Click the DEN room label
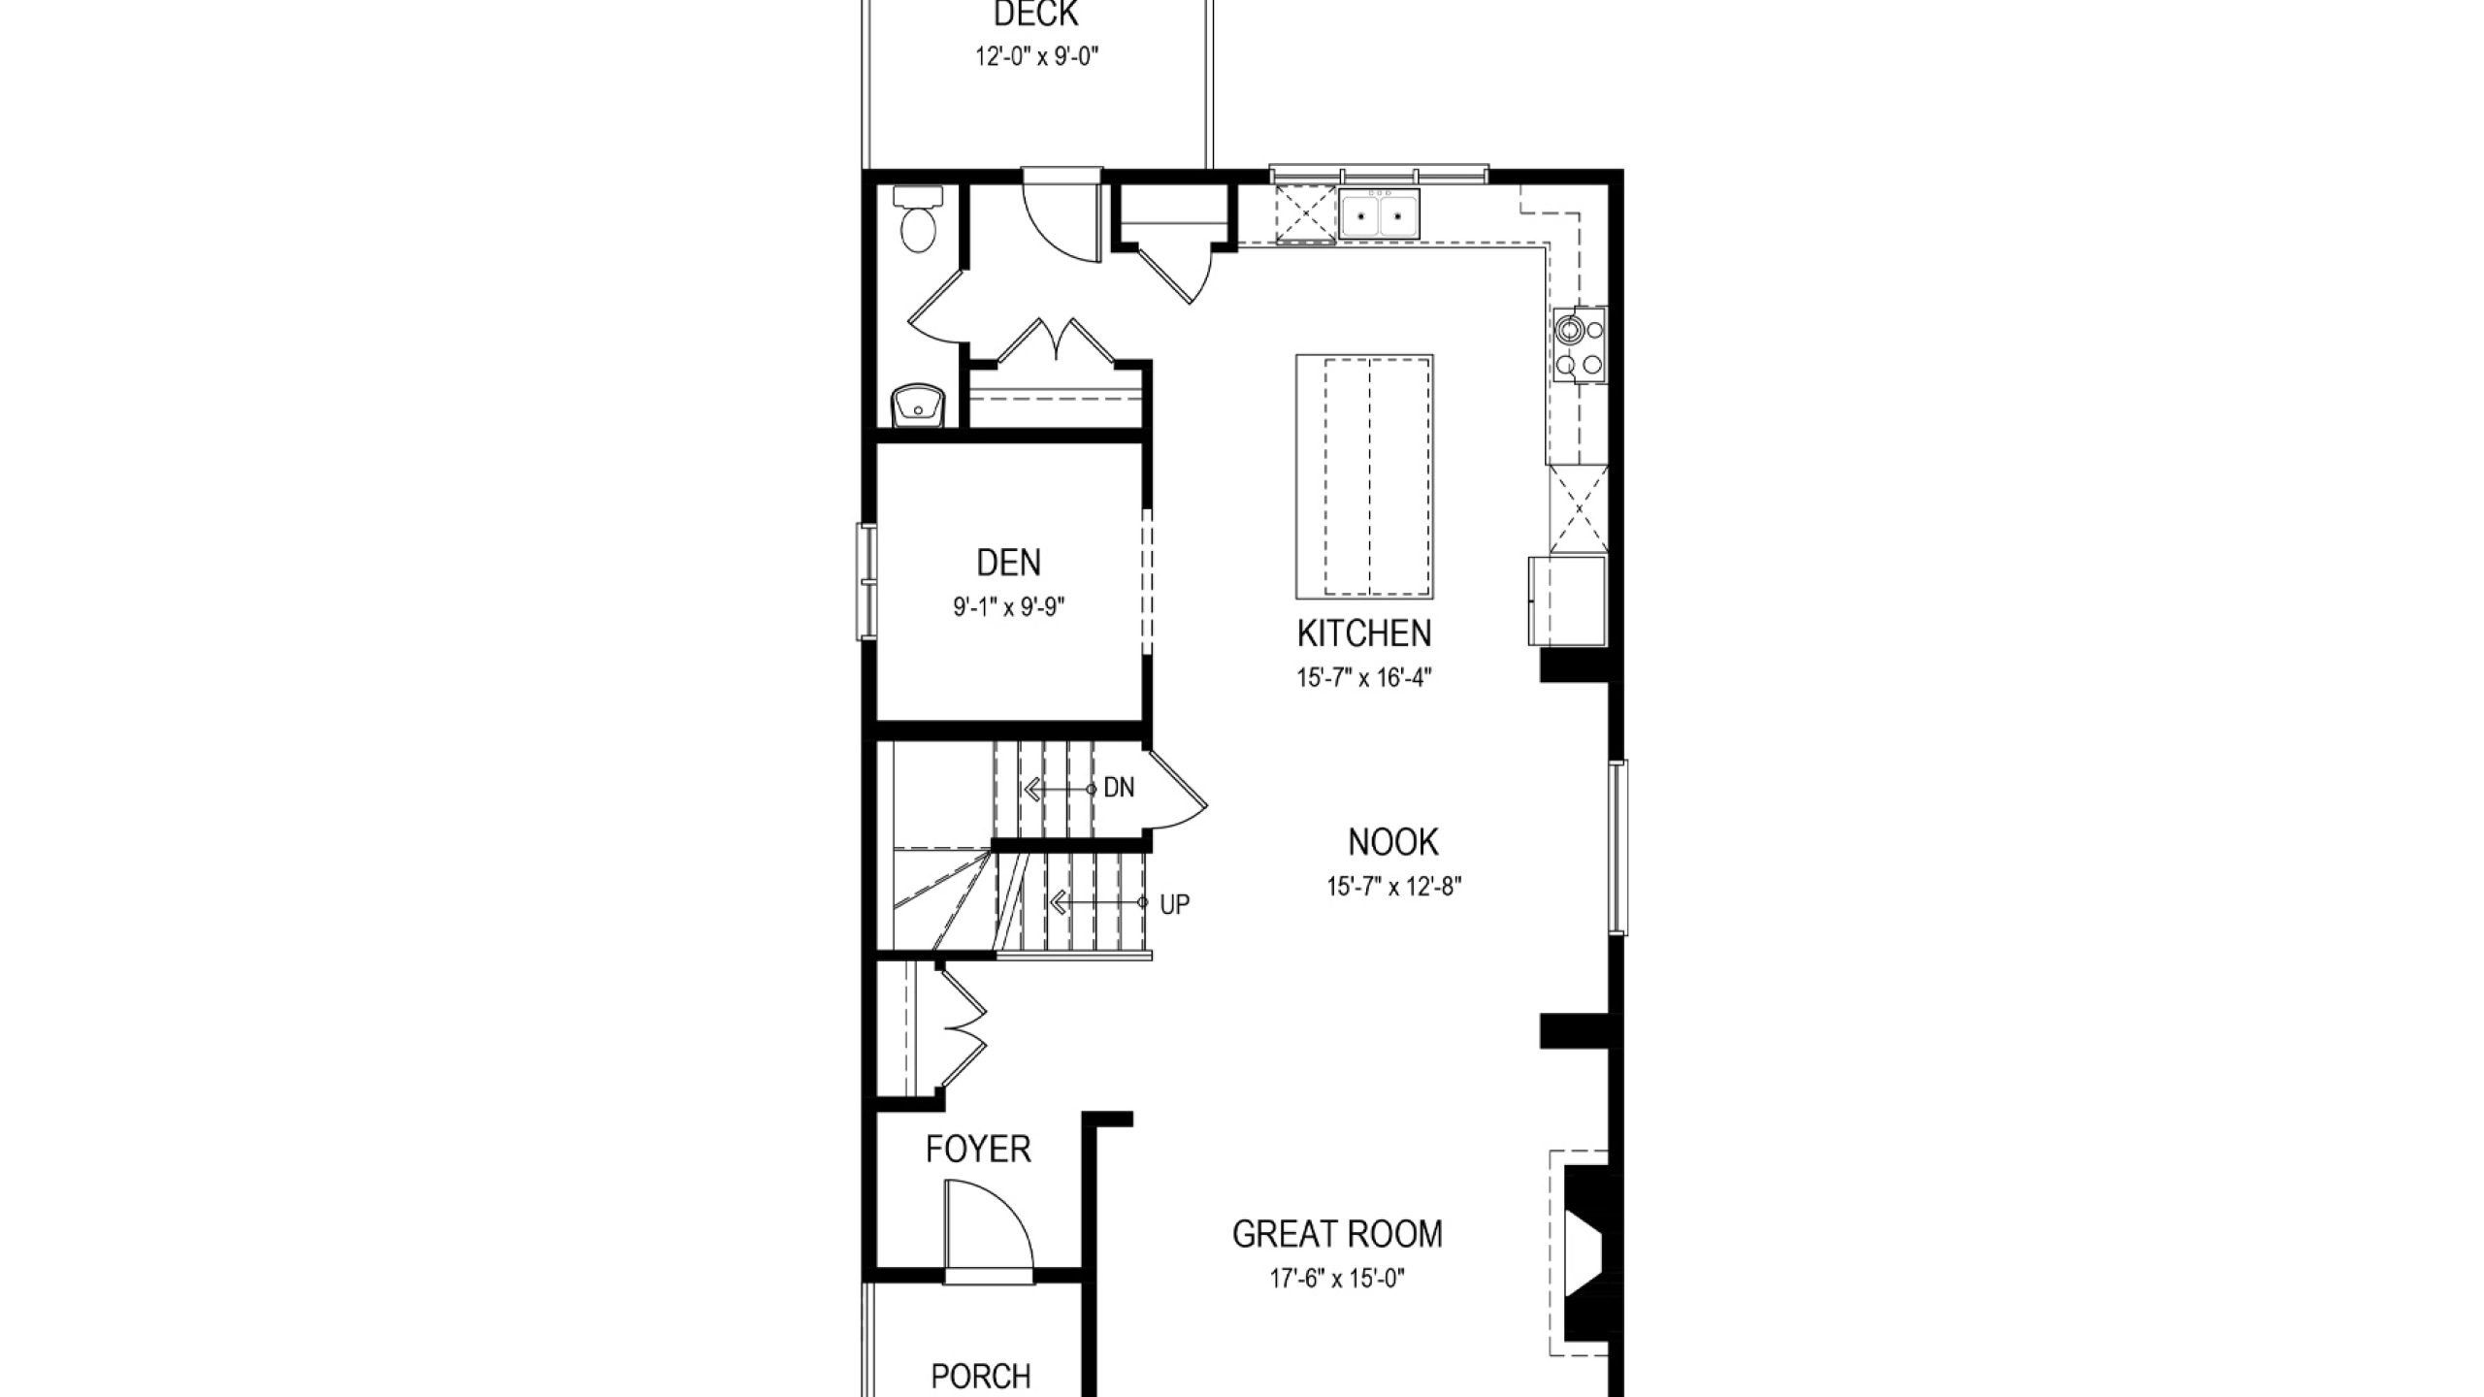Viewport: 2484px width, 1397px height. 1008,563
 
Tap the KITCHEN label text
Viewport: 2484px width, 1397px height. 1364,634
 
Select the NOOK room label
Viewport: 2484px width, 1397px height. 1393,842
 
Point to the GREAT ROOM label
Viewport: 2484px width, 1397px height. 1337,1234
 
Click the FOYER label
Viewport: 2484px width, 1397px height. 978,1150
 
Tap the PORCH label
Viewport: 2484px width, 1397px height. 981,1377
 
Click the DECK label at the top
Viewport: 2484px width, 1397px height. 1036,15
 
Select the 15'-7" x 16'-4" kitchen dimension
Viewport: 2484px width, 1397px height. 1364,677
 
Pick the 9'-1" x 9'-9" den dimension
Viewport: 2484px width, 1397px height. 1009,607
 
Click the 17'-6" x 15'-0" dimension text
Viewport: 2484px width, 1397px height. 1337,1279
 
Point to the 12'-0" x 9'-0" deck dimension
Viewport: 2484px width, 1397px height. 1036,57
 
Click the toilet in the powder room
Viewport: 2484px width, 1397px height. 917,219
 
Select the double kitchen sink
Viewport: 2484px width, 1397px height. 1379,214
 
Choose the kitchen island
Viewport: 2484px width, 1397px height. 1364,476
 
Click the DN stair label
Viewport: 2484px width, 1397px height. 1119,788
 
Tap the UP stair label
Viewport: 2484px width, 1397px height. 1174,904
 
